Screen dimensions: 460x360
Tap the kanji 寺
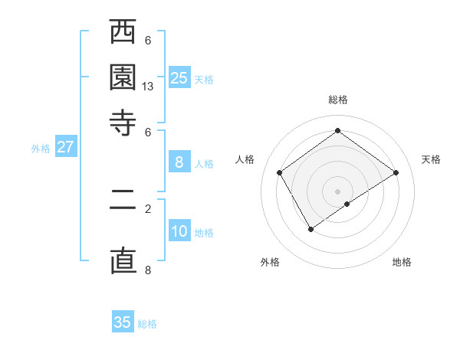point(123,122)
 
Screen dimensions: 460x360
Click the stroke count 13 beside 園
point(148,87)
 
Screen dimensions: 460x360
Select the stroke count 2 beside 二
point(148,207)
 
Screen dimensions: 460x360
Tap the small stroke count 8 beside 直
point(148,270)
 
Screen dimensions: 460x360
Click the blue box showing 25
point(179,77)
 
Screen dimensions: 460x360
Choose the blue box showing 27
point(65,147)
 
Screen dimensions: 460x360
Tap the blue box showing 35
point(122,322)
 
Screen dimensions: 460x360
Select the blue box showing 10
point(179,231)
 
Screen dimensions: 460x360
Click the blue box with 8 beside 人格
point(179,162)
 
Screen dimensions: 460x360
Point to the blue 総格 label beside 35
point(147,324)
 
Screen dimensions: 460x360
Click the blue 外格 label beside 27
point(40,149)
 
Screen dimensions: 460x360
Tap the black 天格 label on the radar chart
point(431,159)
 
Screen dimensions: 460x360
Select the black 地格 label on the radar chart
point(402,262)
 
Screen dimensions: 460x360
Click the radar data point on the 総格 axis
point(337,131)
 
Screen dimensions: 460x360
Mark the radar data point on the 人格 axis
point(280,172)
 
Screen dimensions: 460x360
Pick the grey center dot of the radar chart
point(337,191)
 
